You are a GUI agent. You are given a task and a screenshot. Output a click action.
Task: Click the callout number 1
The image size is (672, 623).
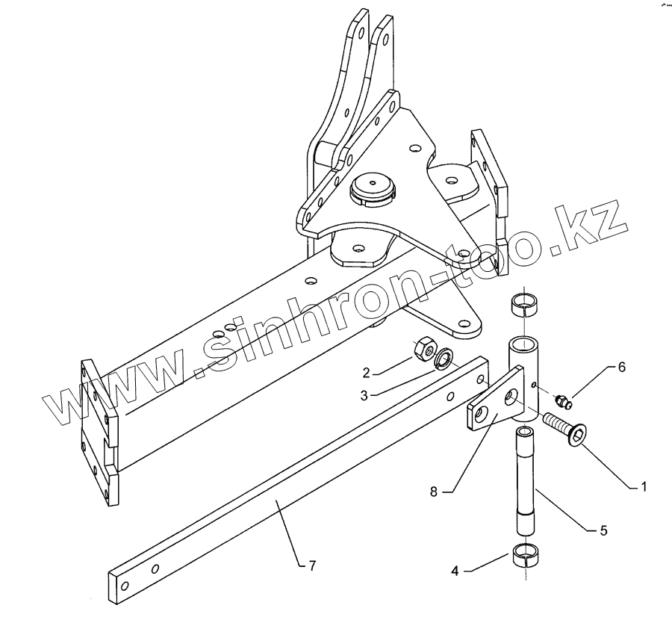click(641, 486)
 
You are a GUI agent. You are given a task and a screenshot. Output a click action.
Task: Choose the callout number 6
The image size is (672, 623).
click(621, 367)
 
